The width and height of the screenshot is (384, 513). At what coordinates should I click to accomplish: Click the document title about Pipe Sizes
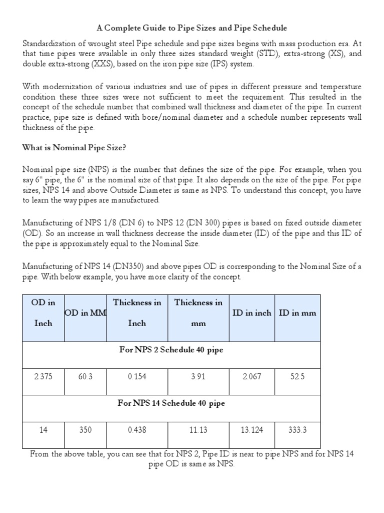(x=192, y=28)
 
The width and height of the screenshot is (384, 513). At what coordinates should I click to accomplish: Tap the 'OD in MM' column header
(x=86, y=313)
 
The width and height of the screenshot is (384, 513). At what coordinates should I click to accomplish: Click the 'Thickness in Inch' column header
(x=137, y=313)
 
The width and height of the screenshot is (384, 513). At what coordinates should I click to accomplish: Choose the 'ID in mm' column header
(x=297, y=313)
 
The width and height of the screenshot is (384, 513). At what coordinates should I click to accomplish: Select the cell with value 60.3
(x=85, y=377)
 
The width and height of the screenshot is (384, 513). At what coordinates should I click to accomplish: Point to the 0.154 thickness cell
(x=137, y=377)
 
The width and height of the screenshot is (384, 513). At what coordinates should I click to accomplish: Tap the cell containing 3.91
(x=198, y=377)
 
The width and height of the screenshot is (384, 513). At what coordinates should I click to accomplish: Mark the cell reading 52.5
(x=297, y=377)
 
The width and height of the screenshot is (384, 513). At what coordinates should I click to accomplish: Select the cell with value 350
(x=85, y=430)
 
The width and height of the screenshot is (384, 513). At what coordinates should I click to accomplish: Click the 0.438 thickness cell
(x=137, y=430)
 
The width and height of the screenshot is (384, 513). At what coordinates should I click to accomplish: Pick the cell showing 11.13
(x=198, y=430)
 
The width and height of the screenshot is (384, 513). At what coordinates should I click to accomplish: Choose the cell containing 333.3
(x=297, y=430)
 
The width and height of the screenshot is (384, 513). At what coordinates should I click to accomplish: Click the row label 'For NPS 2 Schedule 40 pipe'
(x=171, y=350)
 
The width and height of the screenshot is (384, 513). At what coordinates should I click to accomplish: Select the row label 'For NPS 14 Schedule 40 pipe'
(x=171, y=403)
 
